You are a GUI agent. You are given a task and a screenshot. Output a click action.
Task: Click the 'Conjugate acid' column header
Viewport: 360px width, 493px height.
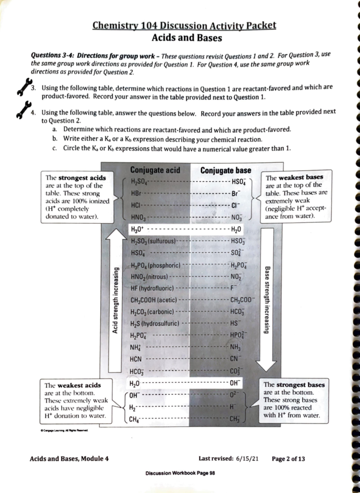(155, 170)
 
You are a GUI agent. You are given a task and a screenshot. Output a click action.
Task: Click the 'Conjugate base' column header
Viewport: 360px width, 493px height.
(226, 170)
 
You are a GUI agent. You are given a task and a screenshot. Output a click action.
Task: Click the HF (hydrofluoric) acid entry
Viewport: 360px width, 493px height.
(152, 288)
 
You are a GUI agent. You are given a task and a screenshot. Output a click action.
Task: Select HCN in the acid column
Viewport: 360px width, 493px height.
(136, 359)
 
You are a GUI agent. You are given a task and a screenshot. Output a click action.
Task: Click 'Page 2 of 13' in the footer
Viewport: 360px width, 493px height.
(288, 459)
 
